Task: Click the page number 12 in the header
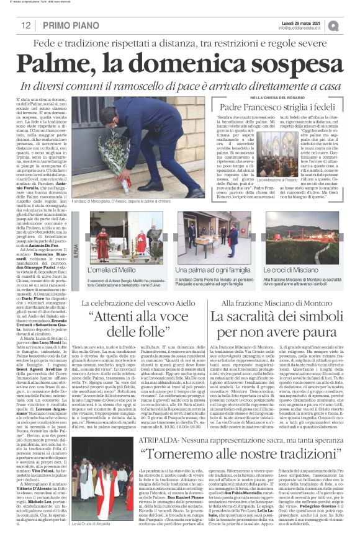[25, 25]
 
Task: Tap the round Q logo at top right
[351, 25]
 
